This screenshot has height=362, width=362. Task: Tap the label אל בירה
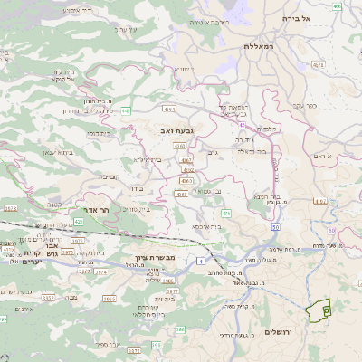coord(296,18)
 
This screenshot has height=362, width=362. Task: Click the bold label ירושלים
coord(281,332)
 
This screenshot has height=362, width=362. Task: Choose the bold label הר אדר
coord(90,208)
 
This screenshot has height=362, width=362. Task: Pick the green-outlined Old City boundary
coord(319,310)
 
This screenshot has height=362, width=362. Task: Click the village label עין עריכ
coord(123,30)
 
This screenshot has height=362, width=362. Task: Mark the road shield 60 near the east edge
coord(331,231)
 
